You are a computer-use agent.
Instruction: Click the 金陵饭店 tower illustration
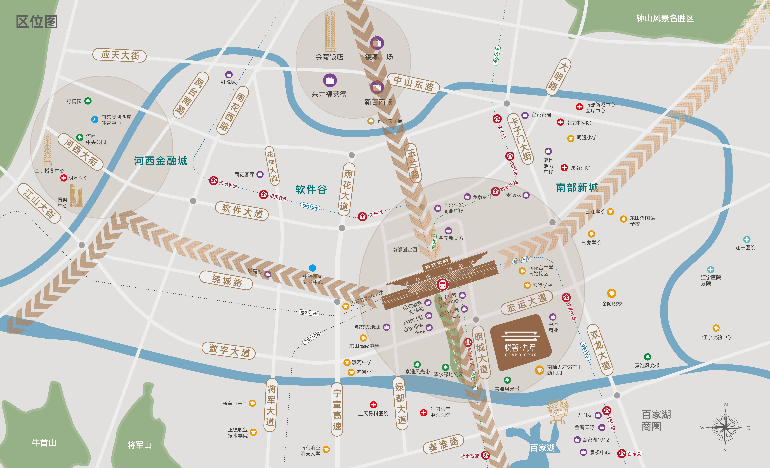(x=331, y=31)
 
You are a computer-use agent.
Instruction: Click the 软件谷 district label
(x=311, y=189)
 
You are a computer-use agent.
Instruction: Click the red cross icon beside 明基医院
(x=64, y=178)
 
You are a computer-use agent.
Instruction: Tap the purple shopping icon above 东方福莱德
(x=330, y=80)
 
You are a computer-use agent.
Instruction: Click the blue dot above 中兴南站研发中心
(x=313, y=268)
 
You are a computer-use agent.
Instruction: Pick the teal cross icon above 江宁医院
(x=747, y=239)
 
